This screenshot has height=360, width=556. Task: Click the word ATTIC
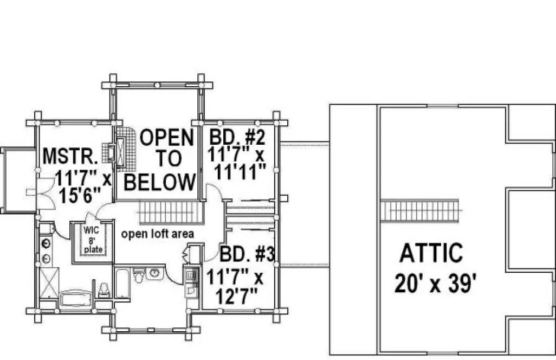[431, 253]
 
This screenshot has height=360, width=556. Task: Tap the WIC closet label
[90, 229]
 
